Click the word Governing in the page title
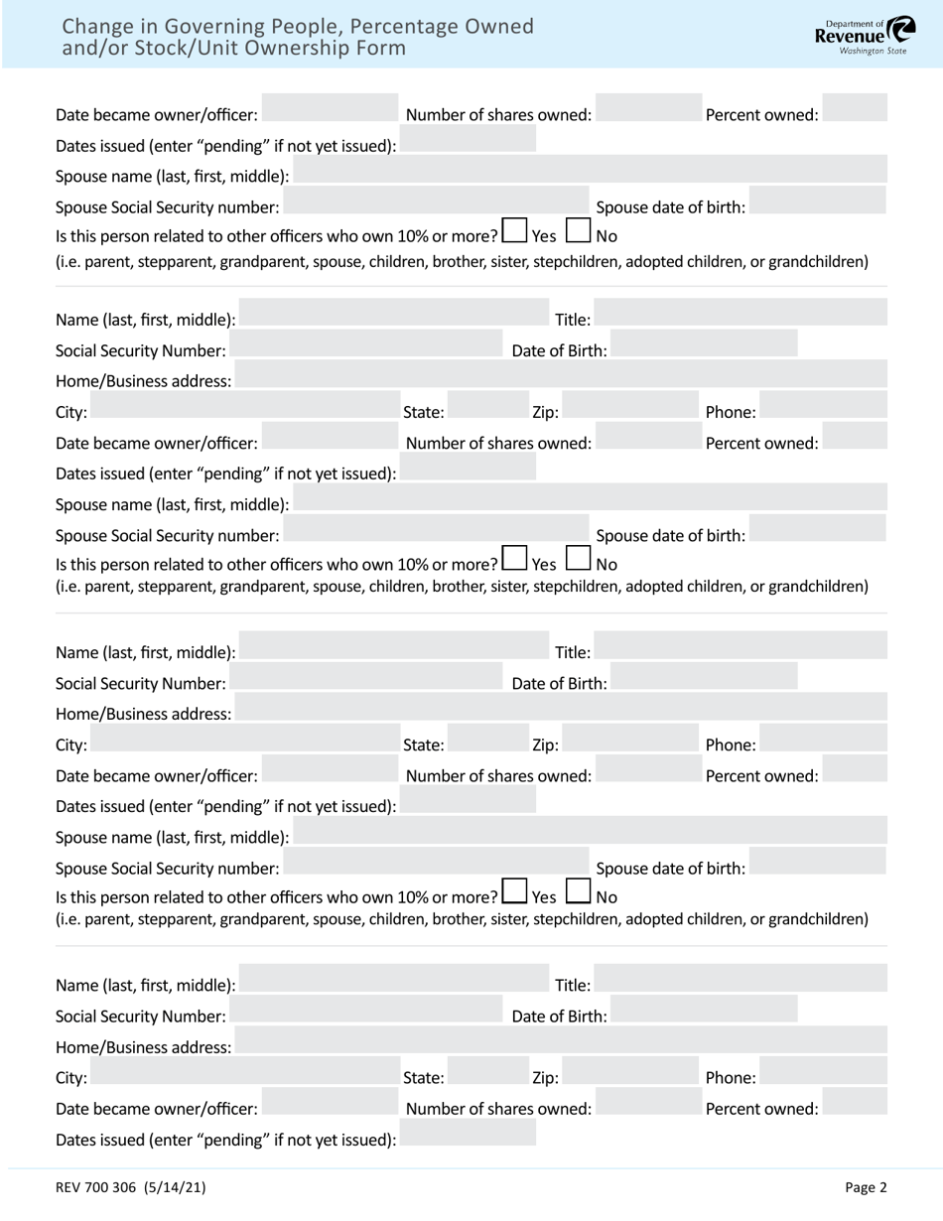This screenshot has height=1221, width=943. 195,27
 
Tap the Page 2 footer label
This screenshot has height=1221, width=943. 866,1186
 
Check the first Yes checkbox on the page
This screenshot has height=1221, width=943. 514,231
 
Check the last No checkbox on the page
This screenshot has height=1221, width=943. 579,892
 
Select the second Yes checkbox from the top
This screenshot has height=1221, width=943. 514,559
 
